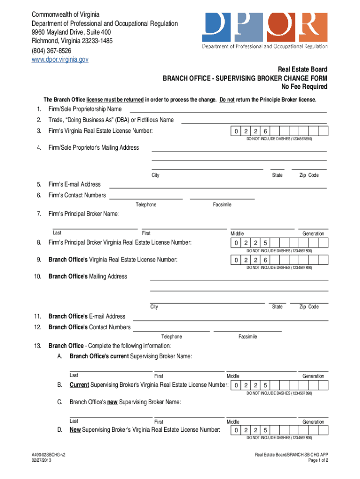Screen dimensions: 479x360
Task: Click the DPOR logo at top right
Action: click(265, 30)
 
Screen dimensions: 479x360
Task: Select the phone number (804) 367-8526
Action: click(52, 51)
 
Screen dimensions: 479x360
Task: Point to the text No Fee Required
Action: click(304, 87)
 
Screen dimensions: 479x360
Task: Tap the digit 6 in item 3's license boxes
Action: click(265, 131)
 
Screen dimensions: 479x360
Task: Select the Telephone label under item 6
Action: click(146, 205)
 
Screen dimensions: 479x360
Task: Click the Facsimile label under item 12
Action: click(247, 337)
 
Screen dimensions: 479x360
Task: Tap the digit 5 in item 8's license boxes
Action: click(265, 243)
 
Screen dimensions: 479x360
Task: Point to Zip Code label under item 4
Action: click(309, 175)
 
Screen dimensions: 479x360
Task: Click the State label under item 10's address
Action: click(277, 307)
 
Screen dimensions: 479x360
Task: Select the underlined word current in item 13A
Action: click(119, 356)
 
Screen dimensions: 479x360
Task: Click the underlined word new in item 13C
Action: click(112, 402)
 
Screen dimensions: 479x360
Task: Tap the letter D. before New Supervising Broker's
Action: click(60, 430)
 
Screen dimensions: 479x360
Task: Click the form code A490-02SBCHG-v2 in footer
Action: click(45, 454)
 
